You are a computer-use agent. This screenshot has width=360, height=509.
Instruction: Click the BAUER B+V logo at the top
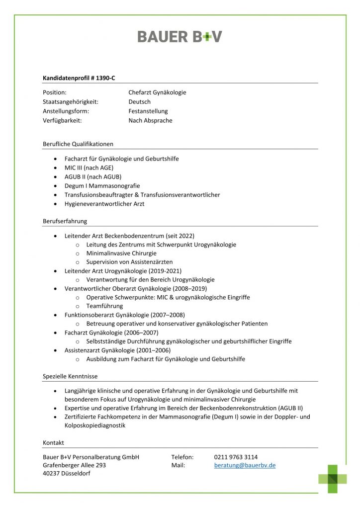click(x=180, y=36)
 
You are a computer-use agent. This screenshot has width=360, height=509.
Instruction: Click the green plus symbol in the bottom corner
click(x=333, y=478)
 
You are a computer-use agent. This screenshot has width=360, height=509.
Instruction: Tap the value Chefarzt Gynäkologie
click(x=157, y=92)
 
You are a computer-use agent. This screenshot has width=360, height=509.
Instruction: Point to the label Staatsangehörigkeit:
click(x=71, y=102)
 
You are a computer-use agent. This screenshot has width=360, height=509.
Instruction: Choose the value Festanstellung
click(x=148, y=111)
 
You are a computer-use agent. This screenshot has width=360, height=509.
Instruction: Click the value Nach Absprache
click(x=150, y=121)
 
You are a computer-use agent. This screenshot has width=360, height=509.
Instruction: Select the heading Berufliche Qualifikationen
click(x=78, y=144)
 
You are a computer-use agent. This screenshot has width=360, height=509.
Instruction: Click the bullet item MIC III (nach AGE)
click(x=89, y=168)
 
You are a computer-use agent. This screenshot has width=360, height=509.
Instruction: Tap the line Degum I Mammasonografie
click(x=102, y=185)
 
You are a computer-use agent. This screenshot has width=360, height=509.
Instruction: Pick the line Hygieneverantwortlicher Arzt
click(x=104, y=204)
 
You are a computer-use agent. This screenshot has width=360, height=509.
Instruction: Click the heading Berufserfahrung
click(x=65, y=221)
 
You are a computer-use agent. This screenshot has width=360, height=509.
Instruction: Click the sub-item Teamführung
click(x=104, y=306)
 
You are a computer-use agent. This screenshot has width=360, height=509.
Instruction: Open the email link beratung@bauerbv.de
click(x=245, y=465)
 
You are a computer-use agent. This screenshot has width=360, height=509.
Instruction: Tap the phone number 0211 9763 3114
click(x=236, y=457)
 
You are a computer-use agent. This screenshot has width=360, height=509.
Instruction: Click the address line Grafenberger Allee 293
click(x=75, y=465)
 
